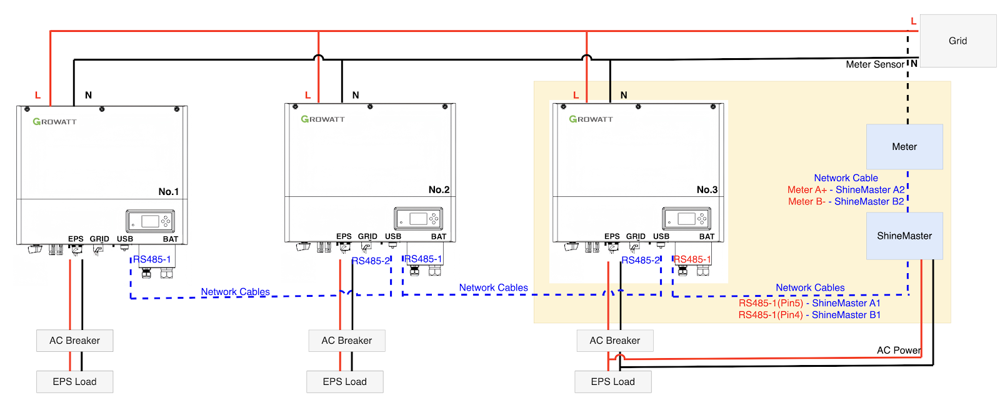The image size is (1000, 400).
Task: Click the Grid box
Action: (957, 41)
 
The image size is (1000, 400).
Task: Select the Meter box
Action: (904, 147)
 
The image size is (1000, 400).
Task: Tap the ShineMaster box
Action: (904, 236)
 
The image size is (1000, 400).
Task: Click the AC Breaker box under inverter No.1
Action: (74, 341)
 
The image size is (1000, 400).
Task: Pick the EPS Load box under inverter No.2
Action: (344, 382)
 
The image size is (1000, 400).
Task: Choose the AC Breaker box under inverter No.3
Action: (614, 341)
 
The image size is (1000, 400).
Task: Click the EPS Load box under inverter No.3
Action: (612, 382)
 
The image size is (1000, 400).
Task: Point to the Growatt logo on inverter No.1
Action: (54, 122)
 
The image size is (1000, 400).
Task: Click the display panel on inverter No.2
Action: (418, 219)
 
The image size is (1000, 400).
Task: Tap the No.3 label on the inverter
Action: (707, 189)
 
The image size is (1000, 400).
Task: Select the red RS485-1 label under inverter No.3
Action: (692, 259)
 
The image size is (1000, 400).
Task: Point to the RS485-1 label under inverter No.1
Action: (151, 259)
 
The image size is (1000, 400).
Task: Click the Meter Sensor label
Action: (874, 64)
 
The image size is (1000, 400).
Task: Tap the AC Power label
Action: (898, 350)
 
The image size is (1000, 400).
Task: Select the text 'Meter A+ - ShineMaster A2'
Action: (846, 190)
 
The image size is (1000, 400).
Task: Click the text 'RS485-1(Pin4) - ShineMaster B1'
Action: (809, 315)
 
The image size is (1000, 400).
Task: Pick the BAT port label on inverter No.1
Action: (171, 239)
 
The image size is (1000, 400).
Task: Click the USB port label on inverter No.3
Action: (661, 236)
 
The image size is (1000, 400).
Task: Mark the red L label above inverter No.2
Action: (307, 95)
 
